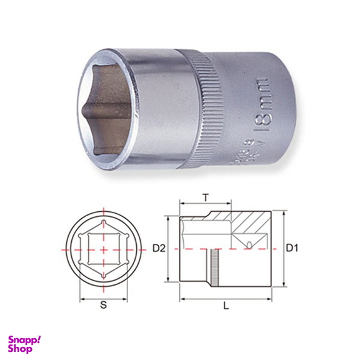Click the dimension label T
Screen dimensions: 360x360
(x=206, y=196)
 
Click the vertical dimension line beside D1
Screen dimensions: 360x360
(x=283, y=249)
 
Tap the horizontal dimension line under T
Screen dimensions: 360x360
(x=206, y=203)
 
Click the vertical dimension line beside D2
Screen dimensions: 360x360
(x=169, y=249)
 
